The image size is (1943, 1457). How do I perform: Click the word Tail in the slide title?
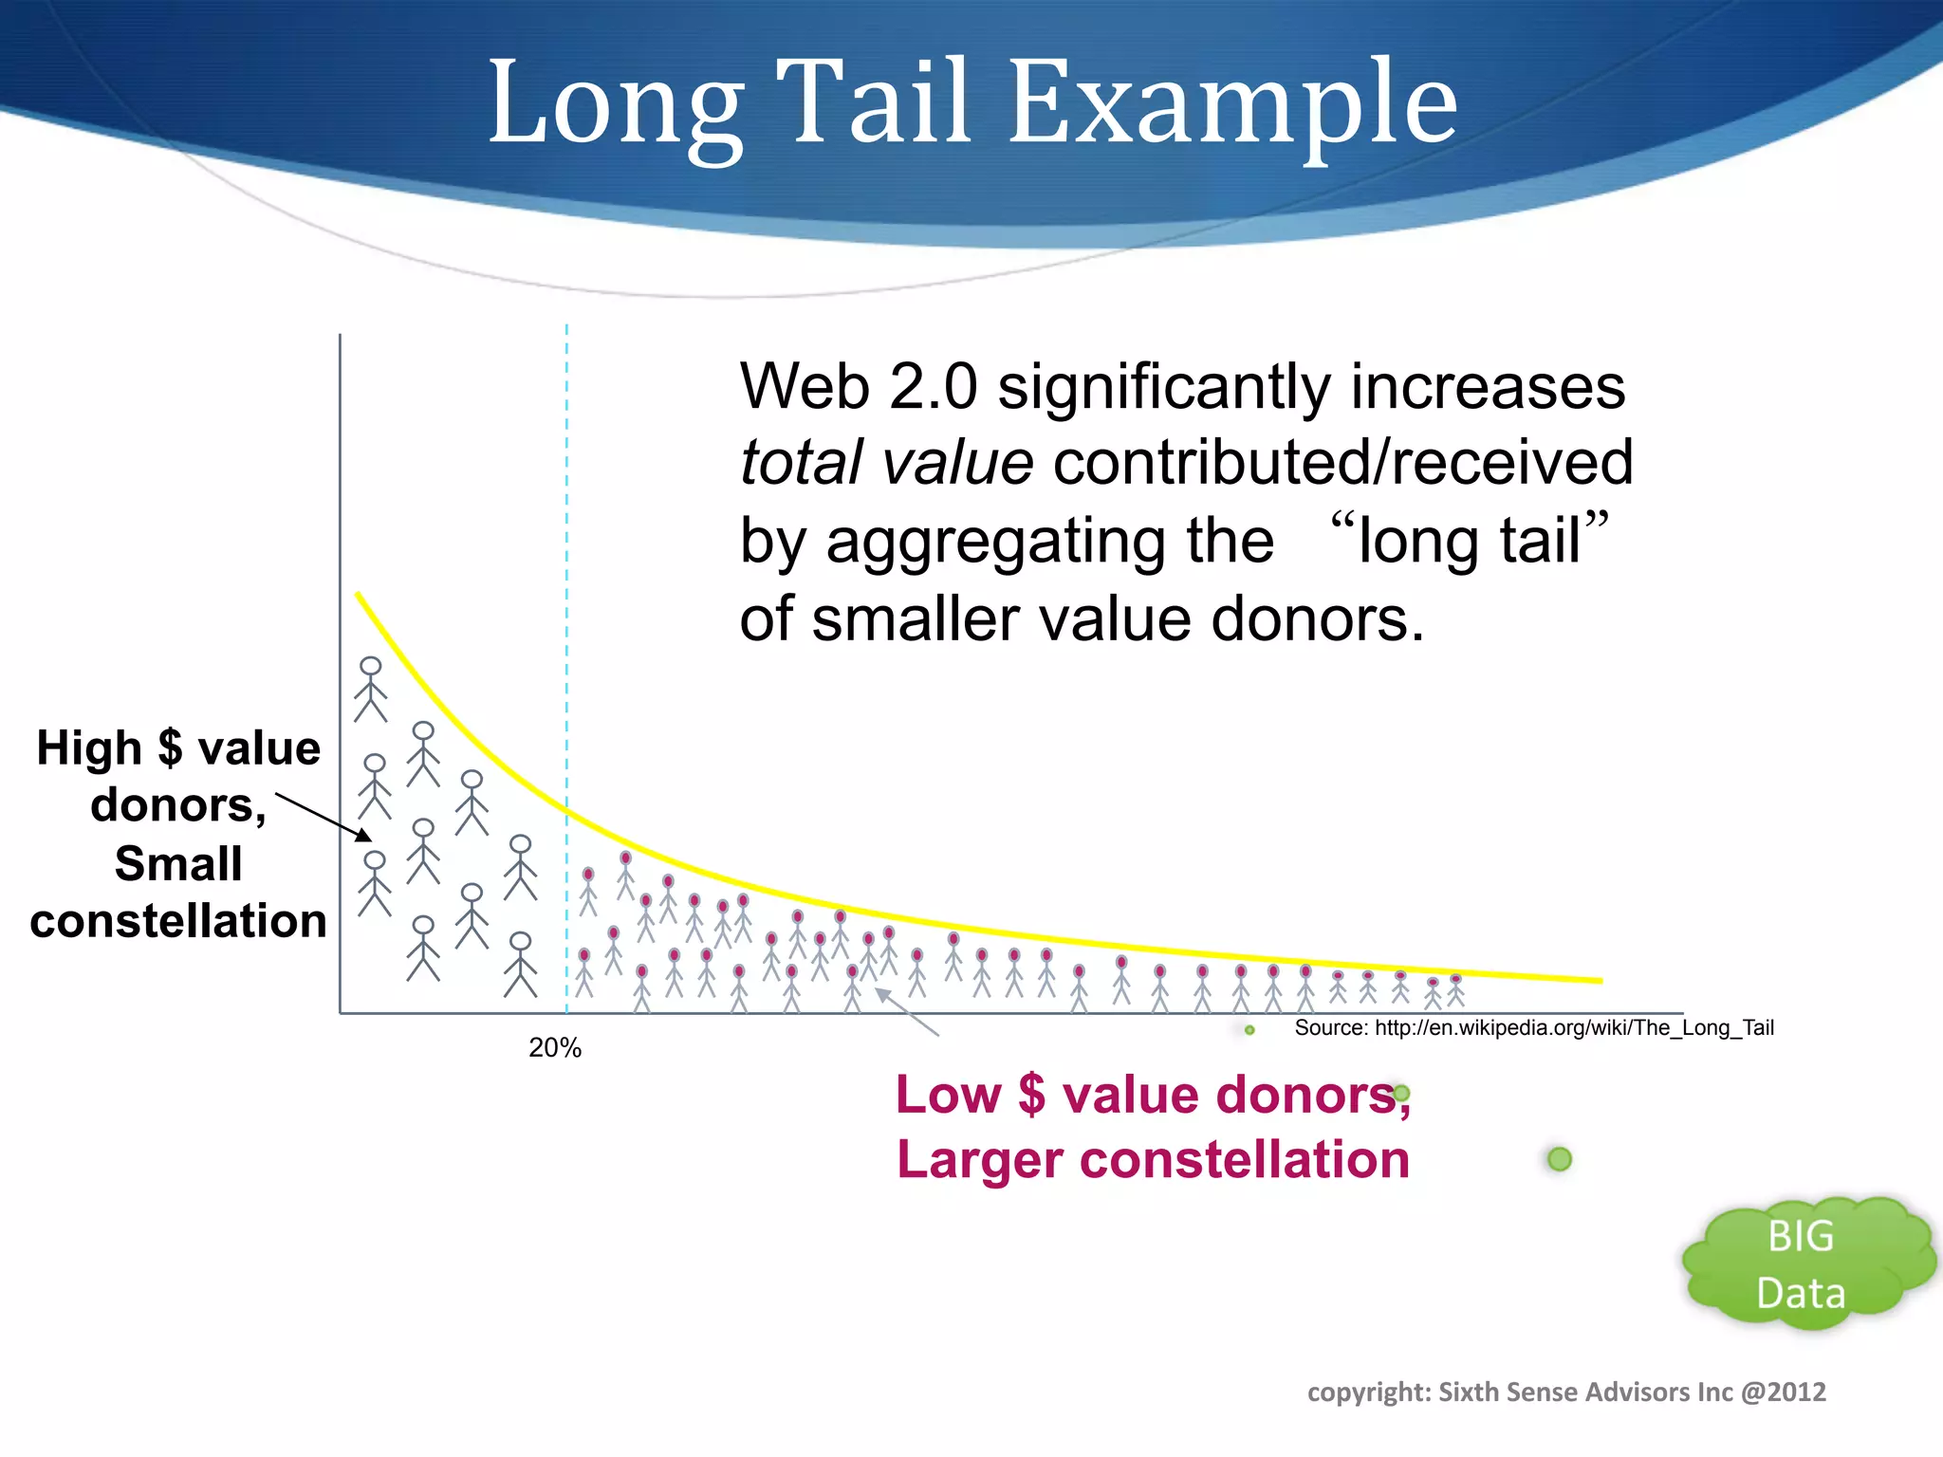tap(878, 102)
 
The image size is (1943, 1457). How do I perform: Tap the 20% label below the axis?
tap(555, 1048)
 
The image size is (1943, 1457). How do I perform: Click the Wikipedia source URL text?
tap(1534, 1028)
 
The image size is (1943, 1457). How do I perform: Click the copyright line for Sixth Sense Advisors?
tap(1566, 1392)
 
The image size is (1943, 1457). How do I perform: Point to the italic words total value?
tap(886, 463)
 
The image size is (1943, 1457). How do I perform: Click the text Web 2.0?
tap(858, 387)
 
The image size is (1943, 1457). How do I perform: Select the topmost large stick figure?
tap(370, 690)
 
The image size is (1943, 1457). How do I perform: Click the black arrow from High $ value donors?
tap(324, 817)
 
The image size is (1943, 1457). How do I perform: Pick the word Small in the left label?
tap(178, 864)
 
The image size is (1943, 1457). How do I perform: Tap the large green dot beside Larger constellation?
tap(1560, 1159)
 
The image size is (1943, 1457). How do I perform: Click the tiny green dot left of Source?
tap(1249, 1030)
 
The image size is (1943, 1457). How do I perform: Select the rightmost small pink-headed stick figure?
tap(1455, 989)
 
